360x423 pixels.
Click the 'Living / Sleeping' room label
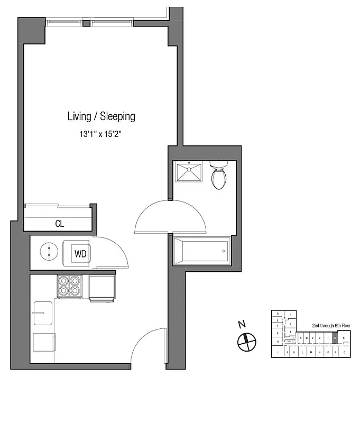point(101,116)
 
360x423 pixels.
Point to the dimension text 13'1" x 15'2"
point(101,134)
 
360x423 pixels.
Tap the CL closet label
point(60,224)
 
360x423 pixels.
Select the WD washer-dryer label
point(80,254)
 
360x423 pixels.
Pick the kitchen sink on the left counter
point(43,314)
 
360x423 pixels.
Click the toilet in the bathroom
point(219,176)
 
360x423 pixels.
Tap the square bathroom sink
point(189,172)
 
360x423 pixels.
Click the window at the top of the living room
point(89,22)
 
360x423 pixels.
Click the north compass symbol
point(246,342)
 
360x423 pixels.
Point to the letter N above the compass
point(242,325)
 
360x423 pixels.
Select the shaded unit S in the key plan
point(334,337)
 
